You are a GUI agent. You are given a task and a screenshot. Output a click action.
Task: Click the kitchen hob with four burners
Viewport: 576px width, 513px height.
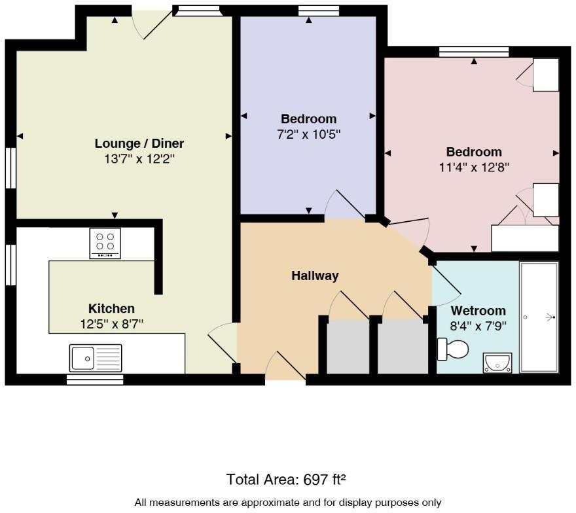(105, 243)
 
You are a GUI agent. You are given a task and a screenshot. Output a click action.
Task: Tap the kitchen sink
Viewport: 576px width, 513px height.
(95, 359)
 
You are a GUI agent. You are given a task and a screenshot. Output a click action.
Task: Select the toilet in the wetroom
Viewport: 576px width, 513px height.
(452, 349)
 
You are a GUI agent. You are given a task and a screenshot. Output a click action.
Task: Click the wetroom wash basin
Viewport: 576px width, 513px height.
(497, 362)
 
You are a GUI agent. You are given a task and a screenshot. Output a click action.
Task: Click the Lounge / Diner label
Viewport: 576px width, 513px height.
(139, 143)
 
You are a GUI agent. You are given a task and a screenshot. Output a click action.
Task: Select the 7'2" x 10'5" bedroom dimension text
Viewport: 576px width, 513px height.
(308, 133)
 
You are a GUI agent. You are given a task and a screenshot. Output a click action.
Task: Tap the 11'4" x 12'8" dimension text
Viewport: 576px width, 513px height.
(474, 167)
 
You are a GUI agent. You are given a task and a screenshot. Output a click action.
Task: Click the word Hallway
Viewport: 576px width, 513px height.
(315, 275)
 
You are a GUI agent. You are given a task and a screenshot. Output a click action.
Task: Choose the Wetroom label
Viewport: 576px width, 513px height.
(478, 310)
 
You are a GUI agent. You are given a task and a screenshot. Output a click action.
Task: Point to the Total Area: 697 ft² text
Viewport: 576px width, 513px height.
(286, 480)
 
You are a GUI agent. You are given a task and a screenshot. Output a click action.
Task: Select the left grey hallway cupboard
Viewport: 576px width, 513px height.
(348, 347)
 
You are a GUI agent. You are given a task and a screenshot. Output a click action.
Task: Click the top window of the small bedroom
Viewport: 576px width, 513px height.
(319, 10)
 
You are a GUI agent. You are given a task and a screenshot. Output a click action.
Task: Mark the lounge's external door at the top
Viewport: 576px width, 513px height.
(153, 24)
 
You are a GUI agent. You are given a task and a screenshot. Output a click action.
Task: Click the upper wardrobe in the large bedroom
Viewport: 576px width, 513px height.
(545, 75)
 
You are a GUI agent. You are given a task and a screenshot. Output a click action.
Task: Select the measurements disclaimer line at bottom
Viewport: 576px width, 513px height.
(288, 503)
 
